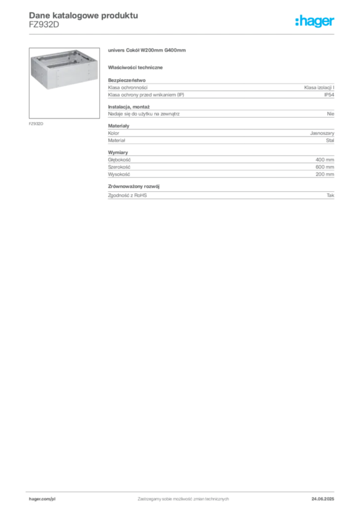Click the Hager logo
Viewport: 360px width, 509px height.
pos(314,21)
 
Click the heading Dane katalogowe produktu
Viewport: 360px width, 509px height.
pos(84,15)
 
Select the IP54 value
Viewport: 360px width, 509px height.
pos(329,95)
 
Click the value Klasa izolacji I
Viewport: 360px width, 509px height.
pos(319,87)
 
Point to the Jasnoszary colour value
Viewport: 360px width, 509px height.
pos(322,133)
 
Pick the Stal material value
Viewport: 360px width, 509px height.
pos(330,140)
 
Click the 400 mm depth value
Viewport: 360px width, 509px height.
pos(325,160)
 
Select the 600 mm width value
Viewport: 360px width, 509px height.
pos(325,167)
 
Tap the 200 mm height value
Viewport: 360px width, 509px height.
pos(325,174)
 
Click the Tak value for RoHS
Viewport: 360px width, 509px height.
pos(330,195)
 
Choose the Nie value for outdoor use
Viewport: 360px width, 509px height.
pos(331,114)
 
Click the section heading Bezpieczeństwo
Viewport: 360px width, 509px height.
pos(127,80)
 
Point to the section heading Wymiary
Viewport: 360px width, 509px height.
pos(118,152)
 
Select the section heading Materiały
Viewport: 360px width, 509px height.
pos(118,126)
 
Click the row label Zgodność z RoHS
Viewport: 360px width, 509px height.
pos(127,195)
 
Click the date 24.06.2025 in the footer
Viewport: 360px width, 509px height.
pos(323,499)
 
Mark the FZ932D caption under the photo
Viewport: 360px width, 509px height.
pos(36,124)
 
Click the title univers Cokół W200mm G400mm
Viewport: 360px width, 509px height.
pos(147,50)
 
